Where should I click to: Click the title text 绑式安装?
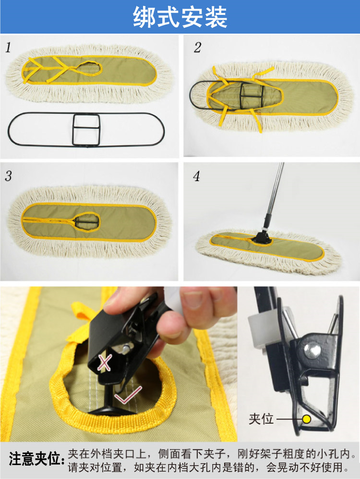coord(180,17)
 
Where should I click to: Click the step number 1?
coord(9,48)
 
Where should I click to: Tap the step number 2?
coord(197,48)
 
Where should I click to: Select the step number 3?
coord(9,176)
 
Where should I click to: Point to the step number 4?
coord(197,176)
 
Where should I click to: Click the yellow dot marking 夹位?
coord(306,419)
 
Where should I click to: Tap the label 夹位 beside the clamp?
coord(261,419)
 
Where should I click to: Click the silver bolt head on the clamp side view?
coord(312,349)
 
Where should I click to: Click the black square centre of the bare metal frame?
coord(86,129)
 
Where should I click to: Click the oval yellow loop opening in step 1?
coord(90,68)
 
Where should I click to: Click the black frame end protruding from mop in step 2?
coord(198,94)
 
